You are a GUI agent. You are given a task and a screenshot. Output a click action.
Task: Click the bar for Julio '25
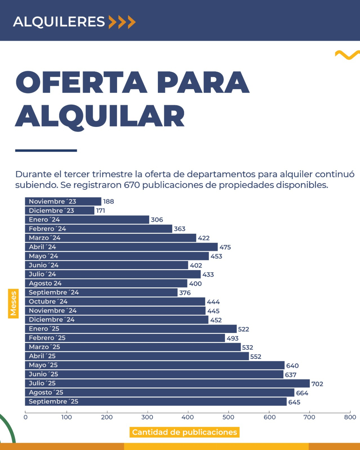tap(167, 383)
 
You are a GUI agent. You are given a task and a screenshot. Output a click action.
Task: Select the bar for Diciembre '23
tap(59, 211)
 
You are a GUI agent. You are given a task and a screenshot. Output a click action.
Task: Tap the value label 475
tap(225, 247)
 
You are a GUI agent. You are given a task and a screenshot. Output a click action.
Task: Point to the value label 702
tap(317, 384)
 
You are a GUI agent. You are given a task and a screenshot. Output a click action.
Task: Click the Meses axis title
tap(13, 303)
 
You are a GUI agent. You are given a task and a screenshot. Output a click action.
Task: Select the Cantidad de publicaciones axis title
tap(184, 432)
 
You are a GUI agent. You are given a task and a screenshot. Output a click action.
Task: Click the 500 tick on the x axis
tap(228, 417)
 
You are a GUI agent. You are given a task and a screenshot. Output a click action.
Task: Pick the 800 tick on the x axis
tap(350, 417)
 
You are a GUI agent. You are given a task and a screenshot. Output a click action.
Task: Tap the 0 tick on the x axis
tap(26, 417)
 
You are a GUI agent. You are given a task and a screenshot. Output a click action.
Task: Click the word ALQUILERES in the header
tap(59, 22)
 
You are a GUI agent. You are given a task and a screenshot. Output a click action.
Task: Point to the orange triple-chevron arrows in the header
tap(122, 22)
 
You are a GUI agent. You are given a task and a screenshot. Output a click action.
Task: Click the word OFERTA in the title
tap(81, 83)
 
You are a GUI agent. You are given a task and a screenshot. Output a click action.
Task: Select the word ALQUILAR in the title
tap(100, 116)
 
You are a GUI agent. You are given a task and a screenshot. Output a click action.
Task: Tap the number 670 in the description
tap(132, 185)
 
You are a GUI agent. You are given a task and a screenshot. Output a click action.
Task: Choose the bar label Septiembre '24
tap(54, 292)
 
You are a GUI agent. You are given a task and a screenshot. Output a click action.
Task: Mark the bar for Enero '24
tap(87, 220)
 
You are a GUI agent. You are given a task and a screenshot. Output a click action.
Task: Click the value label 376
tap(185, 293)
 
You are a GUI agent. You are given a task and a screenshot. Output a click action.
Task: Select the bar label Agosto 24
tap(45, 283)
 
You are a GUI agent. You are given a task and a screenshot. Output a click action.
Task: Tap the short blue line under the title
tap(46, 151)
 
